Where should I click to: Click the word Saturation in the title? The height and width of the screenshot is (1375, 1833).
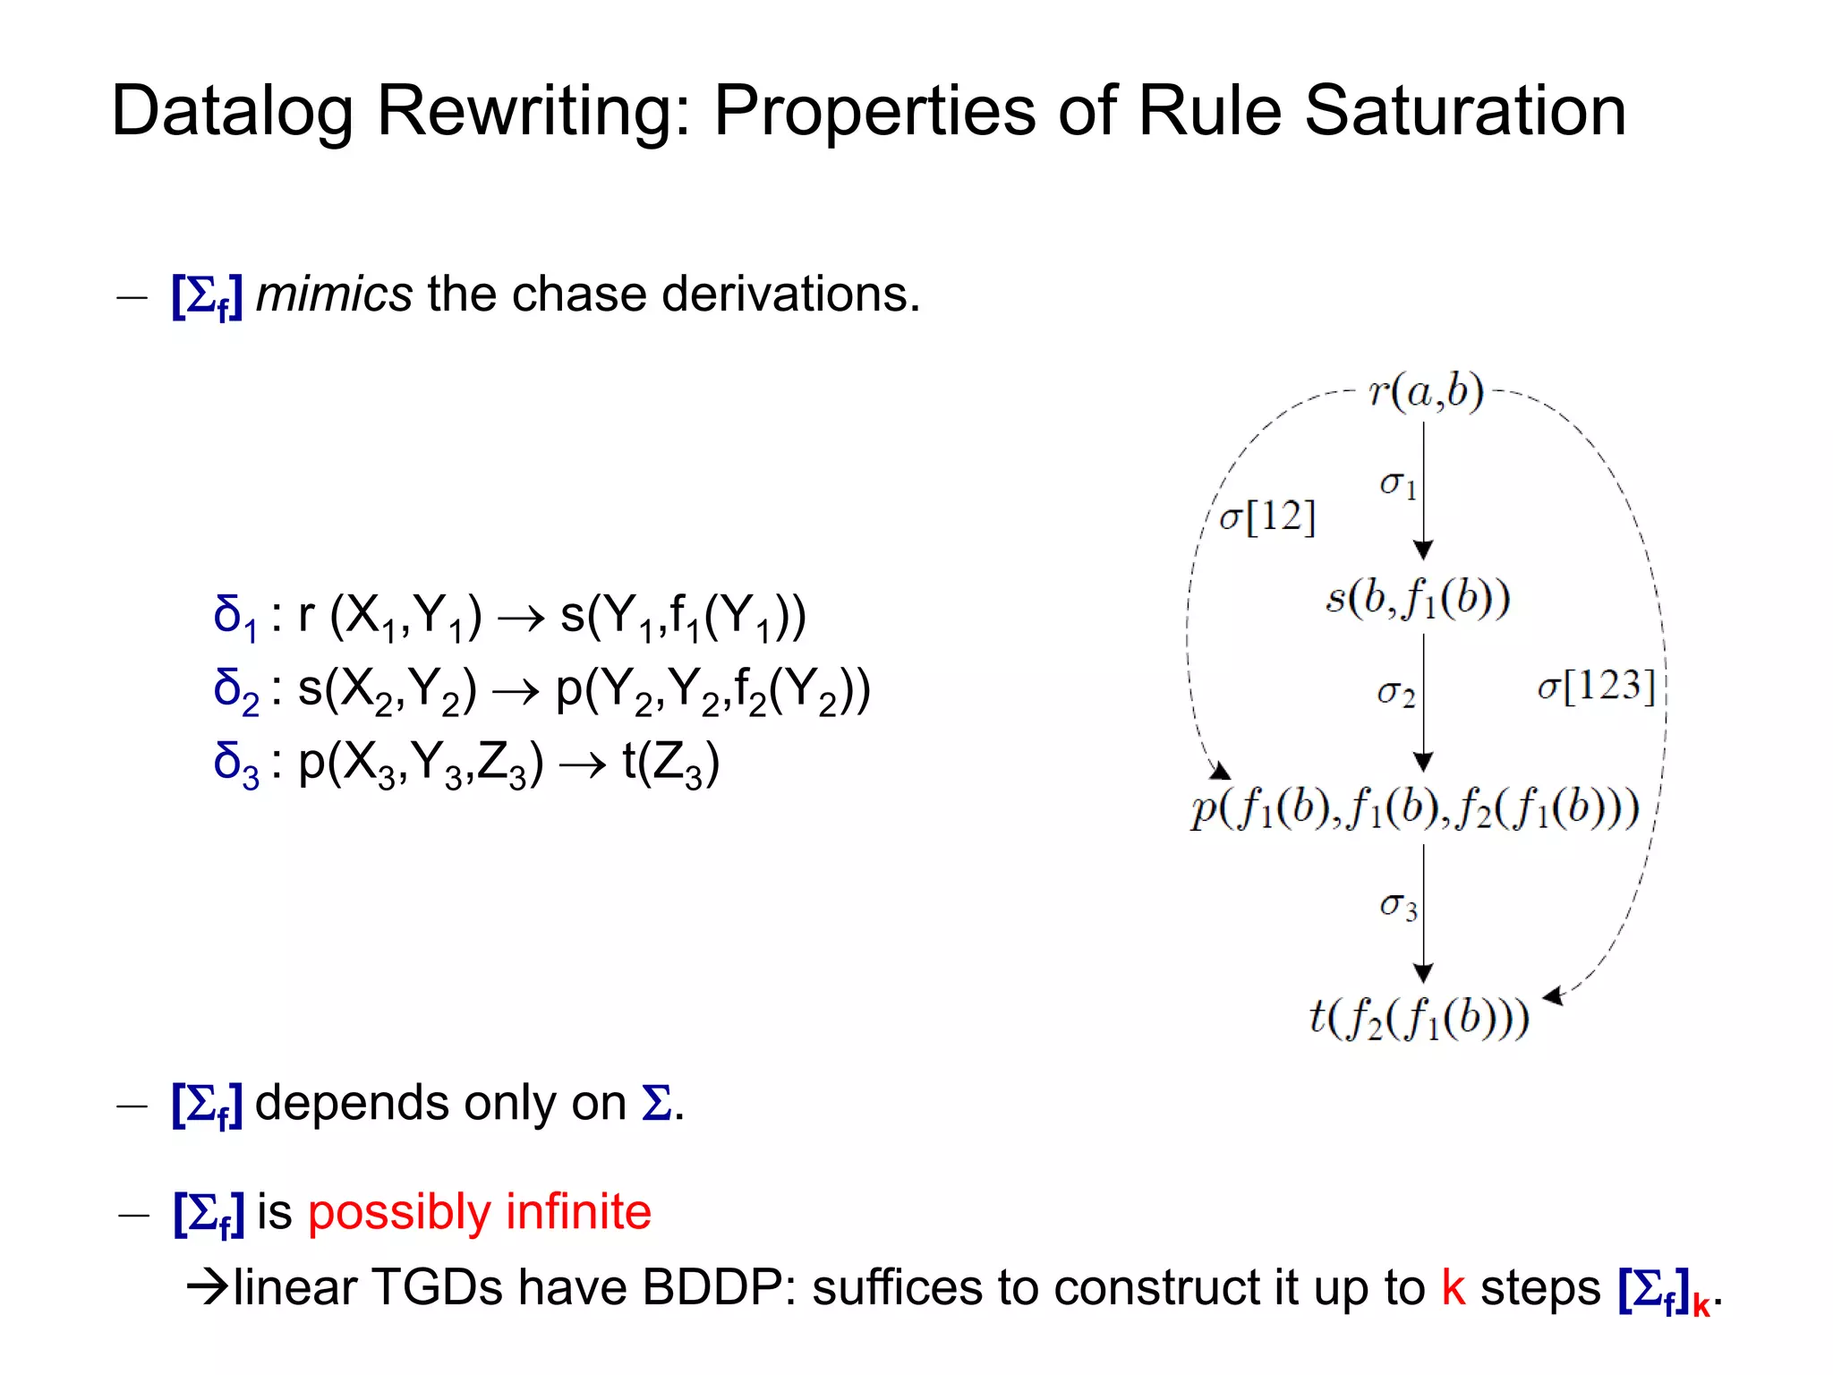(x=1464, y=111)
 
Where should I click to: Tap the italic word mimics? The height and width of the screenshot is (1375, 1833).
(x=334, y=295)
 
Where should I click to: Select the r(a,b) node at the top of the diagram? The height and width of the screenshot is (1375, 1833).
(x=1426, y=392)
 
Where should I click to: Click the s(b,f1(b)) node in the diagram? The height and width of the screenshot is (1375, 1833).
(x=1418, y=599)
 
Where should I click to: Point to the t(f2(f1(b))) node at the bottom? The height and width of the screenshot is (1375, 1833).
(x=1419, y=1019)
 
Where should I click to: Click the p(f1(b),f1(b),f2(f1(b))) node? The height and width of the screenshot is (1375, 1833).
(x=1414, y=809)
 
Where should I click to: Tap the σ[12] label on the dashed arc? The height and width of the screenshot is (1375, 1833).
(x=1267, y=517)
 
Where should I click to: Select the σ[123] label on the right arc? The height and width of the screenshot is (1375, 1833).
(x=1596, y=687)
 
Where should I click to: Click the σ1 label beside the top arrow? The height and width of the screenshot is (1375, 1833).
(x=1397, y=484)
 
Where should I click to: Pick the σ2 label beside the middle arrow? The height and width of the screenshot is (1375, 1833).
(x=1395, y=692)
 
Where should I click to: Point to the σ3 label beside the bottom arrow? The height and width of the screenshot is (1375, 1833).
(x=1397, y=906)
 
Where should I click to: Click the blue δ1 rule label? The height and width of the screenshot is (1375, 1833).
(x=235, y=618)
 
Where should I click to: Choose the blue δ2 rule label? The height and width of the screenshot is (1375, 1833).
(x=235, y=691)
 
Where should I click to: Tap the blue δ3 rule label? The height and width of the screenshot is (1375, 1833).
(x=235, y=764)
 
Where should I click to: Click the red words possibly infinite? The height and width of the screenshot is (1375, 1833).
(x=479, y=1212)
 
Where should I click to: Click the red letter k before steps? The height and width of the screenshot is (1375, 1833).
(x=1453, y=1288)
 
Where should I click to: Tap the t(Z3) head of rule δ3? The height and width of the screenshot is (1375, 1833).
(x=670, y=764)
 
